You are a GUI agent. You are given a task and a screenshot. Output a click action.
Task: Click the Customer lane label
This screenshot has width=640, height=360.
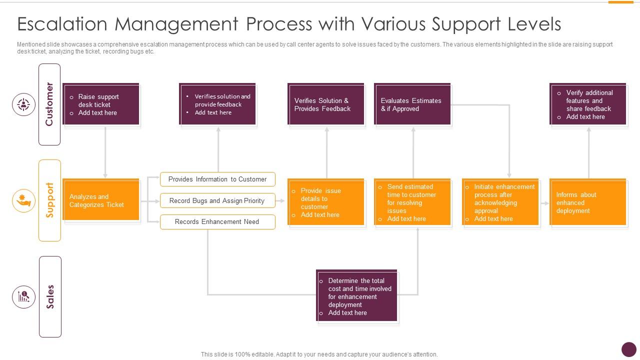(49, 104)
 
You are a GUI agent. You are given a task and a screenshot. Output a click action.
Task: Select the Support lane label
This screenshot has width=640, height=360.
(49, 200)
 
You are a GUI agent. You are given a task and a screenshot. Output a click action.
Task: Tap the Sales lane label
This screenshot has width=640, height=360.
(50, 297)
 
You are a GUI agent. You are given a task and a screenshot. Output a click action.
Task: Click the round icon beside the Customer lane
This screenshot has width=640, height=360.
(23, 104)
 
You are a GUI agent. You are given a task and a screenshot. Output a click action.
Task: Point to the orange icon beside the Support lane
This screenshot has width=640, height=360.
(23, 200)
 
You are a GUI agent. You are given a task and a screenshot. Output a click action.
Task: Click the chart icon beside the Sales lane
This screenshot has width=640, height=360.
(23, 297)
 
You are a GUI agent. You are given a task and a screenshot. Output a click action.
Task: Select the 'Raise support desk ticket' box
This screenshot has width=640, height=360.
(101, 104)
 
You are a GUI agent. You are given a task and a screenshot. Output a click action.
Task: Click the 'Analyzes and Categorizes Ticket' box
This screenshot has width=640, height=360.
(101, 200)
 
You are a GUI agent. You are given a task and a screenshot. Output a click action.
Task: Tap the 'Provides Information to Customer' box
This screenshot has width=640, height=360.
(217, 179)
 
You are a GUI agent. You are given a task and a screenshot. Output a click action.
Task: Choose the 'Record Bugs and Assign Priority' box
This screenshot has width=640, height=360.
(217, 200)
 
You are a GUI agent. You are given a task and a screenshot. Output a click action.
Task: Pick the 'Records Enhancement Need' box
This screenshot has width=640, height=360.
(217, 222)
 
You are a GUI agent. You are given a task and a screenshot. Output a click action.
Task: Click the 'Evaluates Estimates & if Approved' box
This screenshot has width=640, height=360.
(412, 104)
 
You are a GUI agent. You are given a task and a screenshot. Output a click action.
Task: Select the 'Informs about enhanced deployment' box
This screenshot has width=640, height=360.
(587, 202)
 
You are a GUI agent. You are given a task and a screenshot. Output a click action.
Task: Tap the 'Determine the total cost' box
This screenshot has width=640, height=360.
(357, 296)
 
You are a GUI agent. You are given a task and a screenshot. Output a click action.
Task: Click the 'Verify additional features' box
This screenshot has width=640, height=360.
(587, 104)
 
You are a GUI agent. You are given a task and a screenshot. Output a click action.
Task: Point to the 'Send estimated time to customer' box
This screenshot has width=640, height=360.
(412, 202)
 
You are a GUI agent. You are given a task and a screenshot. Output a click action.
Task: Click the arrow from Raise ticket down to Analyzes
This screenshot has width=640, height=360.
(105, 152)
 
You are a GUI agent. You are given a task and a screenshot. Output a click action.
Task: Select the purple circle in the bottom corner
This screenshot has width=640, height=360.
(628, 349)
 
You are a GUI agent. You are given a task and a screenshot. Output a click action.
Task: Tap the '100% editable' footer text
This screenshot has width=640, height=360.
(319, 354)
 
